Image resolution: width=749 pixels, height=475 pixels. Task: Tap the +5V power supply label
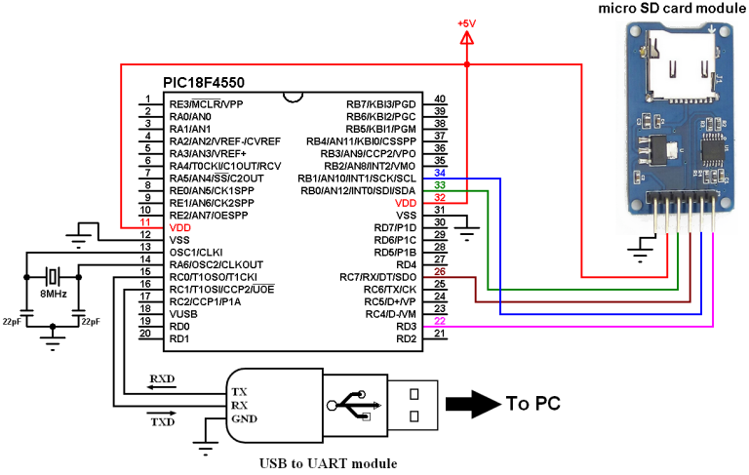[x=467, y=22]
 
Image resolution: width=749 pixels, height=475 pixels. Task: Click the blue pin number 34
[x=440, y=172]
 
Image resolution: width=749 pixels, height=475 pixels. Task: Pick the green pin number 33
[x=440, y=184]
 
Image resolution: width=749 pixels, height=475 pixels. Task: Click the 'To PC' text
[x=532, y=403]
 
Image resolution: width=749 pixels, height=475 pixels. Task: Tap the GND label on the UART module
[x=244, y=419]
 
